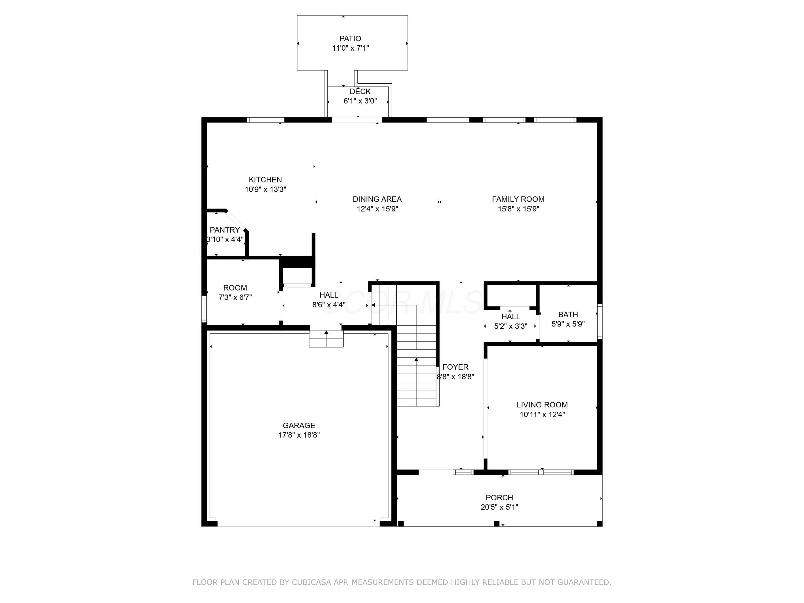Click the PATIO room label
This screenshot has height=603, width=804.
tap(350, 39)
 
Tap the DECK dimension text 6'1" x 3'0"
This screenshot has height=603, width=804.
tap(360, 101)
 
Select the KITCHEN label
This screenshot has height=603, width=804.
tap(265, 180)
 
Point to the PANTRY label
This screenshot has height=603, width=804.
tap(225, 230)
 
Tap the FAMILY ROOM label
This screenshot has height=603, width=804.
tap(518, 199)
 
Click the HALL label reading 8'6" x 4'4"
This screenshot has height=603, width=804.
tap(329, 295)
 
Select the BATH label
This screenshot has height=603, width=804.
tap(568, 314)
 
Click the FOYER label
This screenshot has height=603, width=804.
tap(455, 367)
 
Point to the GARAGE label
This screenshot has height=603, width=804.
tap(299, 425)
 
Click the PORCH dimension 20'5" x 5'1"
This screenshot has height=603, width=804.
tap(499, 507)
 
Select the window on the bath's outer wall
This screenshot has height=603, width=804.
tap(600, 321)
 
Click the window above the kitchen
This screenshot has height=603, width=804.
tap(265, 120)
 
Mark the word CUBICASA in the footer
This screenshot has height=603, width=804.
tap(311, 582)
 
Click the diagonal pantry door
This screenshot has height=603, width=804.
tap(237, 220)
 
